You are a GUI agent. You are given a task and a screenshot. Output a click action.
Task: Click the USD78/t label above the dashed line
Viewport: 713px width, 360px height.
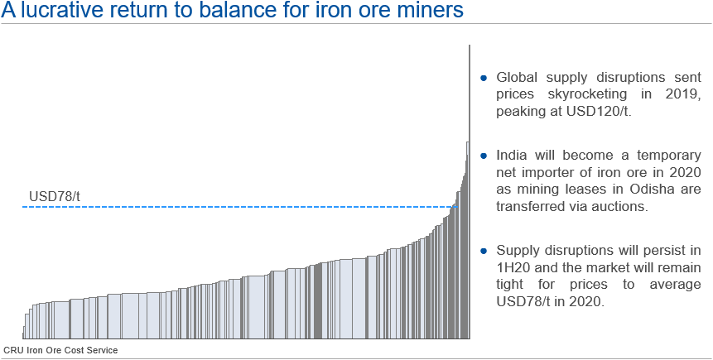coord(55,196)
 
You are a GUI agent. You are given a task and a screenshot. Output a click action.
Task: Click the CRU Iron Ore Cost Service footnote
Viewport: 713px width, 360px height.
coord(60,350)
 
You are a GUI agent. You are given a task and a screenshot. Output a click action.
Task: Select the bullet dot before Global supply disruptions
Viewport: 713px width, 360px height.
coord(484,79)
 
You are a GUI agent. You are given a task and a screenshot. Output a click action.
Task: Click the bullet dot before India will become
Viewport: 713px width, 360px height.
coord(484,156)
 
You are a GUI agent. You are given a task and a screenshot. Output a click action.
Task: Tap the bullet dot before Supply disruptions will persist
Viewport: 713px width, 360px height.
coord(484,251)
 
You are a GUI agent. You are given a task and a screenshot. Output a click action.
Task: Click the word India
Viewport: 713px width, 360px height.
coord(512,156)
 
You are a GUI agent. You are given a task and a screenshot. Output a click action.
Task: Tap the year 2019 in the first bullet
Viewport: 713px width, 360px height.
coord(685,95)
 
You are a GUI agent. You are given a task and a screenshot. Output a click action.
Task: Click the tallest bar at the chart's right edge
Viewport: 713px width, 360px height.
coord(470,190)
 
